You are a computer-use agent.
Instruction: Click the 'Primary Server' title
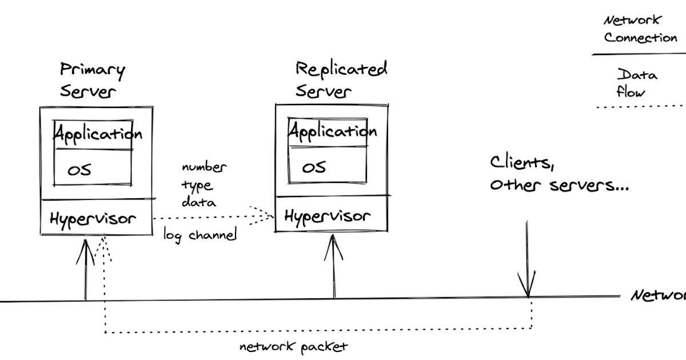click(x=91, y=81)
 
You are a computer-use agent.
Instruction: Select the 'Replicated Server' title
click(x=341, y=79)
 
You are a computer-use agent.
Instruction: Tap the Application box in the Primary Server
click(x=97, y=135)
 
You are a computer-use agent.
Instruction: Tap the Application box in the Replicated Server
click(x=332, y=132)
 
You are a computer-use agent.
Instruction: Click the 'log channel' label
click(x=200, y=234)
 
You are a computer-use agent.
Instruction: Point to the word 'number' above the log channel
click(x=204, y=167)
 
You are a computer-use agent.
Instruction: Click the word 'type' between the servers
click(x=197, y=185)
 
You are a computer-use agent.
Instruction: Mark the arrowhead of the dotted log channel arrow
click(x=269, y=215)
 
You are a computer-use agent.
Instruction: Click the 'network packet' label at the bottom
click(x=293, y=347)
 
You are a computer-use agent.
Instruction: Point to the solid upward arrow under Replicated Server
click(x=334, y=266)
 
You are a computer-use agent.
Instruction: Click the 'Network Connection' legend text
click(x=640, y=30)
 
